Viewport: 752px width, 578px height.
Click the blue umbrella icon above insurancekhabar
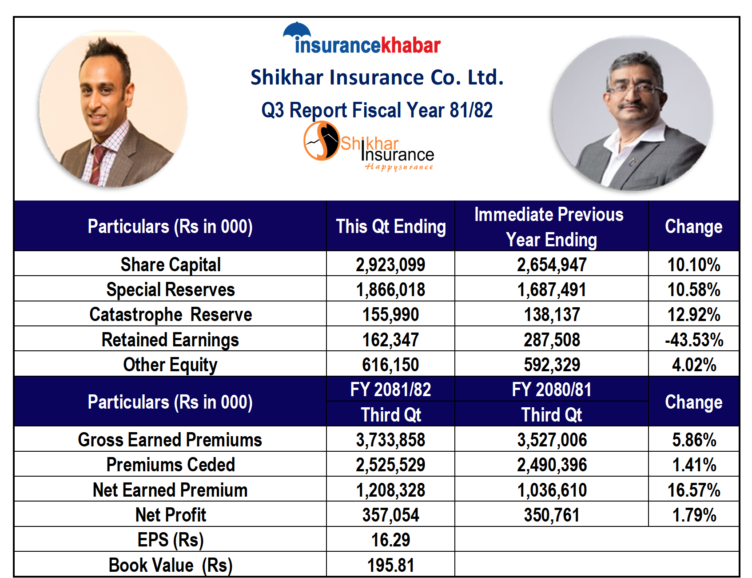click(297, 30)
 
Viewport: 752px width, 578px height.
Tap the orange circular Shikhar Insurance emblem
click(321, 140)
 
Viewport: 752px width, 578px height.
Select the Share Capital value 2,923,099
click(390, 265)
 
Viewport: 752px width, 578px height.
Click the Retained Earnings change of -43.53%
click(694, 340)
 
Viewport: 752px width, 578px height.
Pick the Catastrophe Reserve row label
click(171, 314)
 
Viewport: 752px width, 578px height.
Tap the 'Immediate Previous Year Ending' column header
click(551, 227)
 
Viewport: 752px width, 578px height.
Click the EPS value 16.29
click(390, 540)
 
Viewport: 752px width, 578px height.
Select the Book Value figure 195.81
click(390, 565)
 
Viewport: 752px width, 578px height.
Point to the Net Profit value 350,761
click(551, 515)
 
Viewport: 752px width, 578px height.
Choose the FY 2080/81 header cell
click(551, 389)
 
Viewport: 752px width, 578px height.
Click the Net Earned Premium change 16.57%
click(694, 490)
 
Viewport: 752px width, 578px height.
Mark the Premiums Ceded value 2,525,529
click(390, 465)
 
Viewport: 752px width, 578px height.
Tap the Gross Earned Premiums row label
click(170, 440)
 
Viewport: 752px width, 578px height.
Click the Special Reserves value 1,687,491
click(551, 289)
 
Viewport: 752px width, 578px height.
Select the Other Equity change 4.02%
click(694, 365)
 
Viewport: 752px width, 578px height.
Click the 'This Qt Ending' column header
click(390, 226)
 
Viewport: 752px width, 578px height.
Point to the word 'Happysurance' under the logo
click(398, 167)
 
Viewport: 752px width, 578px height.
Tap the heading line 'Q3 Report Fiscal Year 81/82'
click(377, 110)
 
